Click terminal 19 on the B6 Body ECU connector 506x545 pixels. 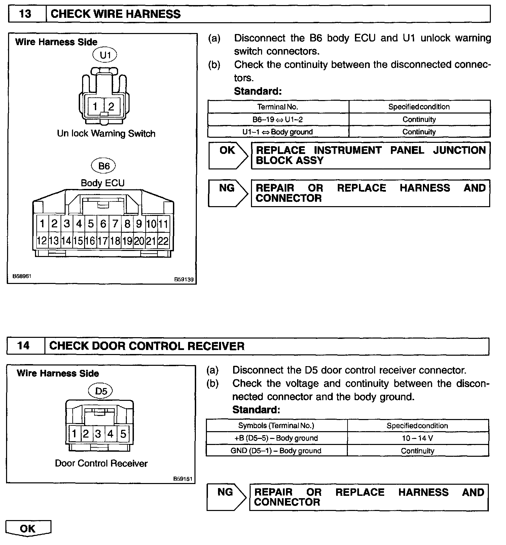tap(127, 241)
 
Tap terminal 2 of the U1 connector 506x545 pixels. tap(111, 106)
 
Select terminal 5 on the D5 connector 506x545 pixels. tap(123, 434)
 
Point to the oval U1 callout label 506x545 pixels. tap(106, 55)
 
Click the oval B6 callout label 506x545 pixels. tap(104, 166)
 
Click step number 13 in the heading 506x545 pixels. tap(26, 14)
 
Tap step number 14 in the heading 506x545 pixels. tap(24, 346)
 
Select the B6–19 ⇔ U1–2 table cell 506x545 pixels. tap(278, 120)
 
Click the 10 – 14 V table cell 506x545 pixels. tap(418, 438)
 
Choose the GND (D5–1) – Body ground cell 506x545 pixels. tap(276, 451)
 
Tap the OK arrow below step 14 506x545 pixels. tap(28, 528)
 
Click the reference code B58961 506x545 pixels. tap(22, 276)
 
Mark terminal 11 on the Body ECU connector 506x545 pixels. tap(164, 224)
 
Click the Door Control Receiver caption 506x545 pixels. tap(101, 463)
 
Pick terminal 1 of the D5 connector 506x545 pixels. tap(74, 434)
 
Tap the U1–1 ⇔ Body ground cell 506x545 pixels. tap(278, 132)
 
